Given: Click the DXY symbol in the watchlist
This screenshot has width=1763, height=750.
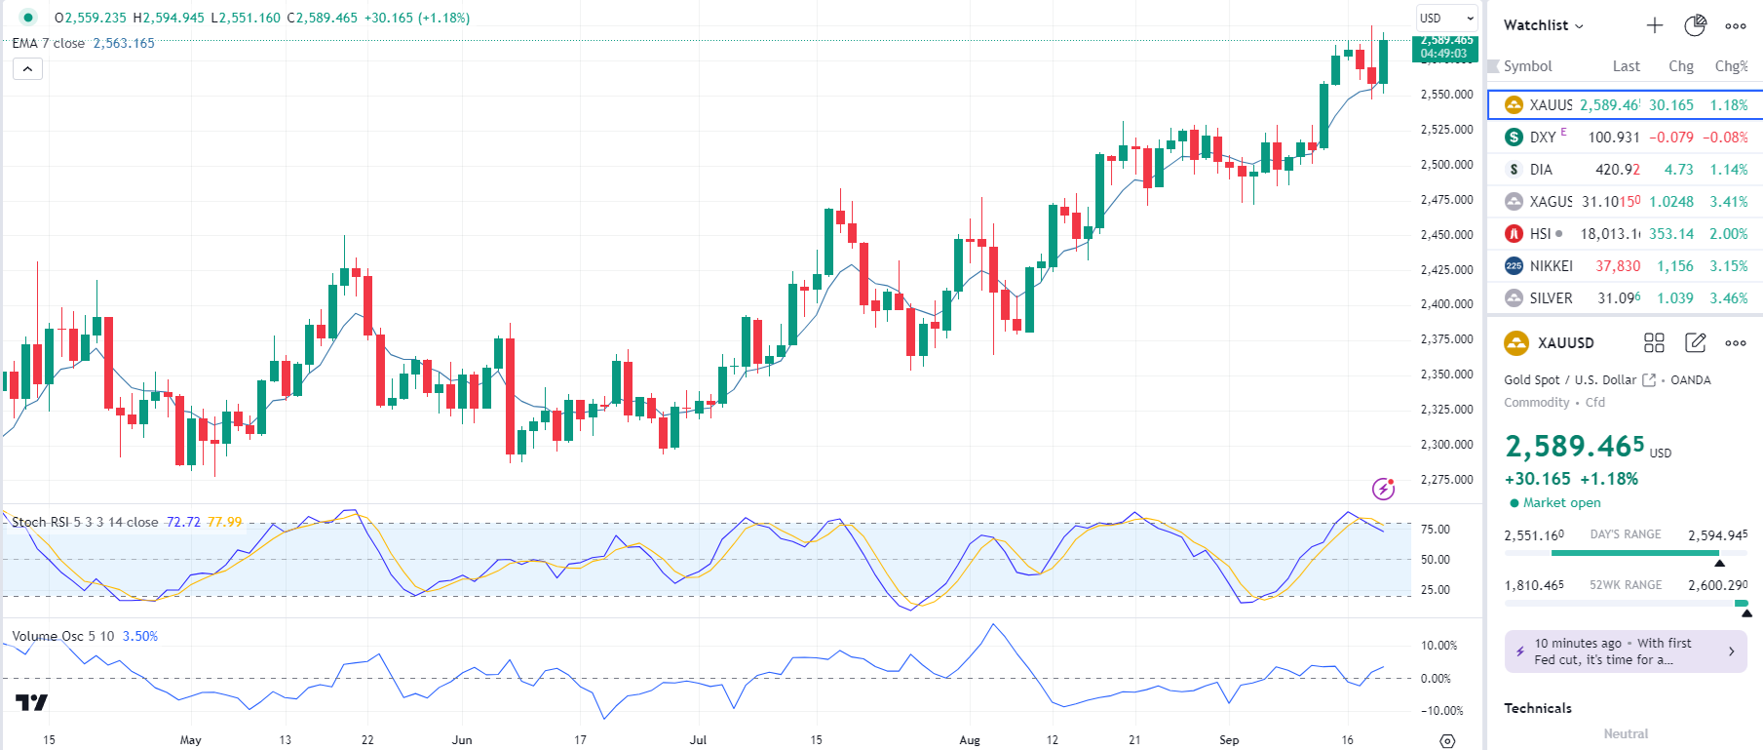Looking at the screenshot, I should click(1542, 138).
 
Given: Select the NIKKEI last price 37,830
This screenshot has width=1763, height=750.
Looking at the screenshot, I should click(1617, 266).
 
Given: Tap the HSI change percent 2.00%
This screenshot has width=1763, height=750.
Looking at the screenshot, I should click(1728, 234).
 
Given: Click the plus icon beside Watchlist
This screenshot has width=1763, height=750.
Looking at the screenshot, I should click(1654, 25).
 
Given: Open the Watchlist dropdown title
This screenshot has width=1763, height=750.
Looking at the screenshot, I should click(1543, 25).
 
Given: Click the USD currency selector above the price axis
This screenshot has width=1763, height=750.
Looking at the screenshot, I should click(1445, 19).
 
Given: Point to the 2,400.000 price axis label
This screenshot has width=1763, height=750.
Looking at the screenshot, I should click(1446, 304).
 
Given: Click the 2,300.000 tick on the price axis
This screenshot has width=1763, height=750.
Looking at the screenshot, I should click(1446, 445).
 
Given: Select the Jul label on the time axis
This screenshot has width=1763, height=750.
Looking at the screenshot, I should click(698, 740).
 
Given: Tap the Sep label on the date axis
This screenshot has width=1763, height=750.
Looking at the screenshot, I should click(1229, 740).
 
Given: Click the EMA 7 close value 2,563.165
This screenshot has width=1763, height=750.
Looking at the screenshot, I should click(124, 43).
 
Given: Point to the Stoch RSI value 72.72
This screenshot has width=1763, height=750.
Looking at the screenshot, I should click(183, 522).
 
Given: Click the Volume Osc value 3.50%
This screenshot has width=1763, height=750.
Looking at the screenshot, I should click(140, 636).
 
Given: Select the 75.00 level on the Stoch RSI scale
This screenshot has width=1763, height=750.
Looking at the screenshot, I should click(1435, 530).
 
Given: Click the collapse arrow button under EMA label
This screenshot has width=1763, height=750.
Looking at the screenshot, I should click(27, 69).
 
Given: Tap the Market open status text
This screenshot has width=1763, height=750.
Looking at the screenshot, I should click(1561, 503).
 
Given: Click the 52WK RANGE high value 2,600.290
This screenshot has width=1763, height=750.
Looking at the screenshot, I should click(1717, 585).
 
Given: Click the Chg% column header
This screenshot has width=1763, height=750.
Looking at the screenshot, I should click(1731, 66).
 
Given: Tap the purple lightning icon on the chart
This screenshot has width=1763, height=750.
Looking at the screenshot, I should click(1383, 488).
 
